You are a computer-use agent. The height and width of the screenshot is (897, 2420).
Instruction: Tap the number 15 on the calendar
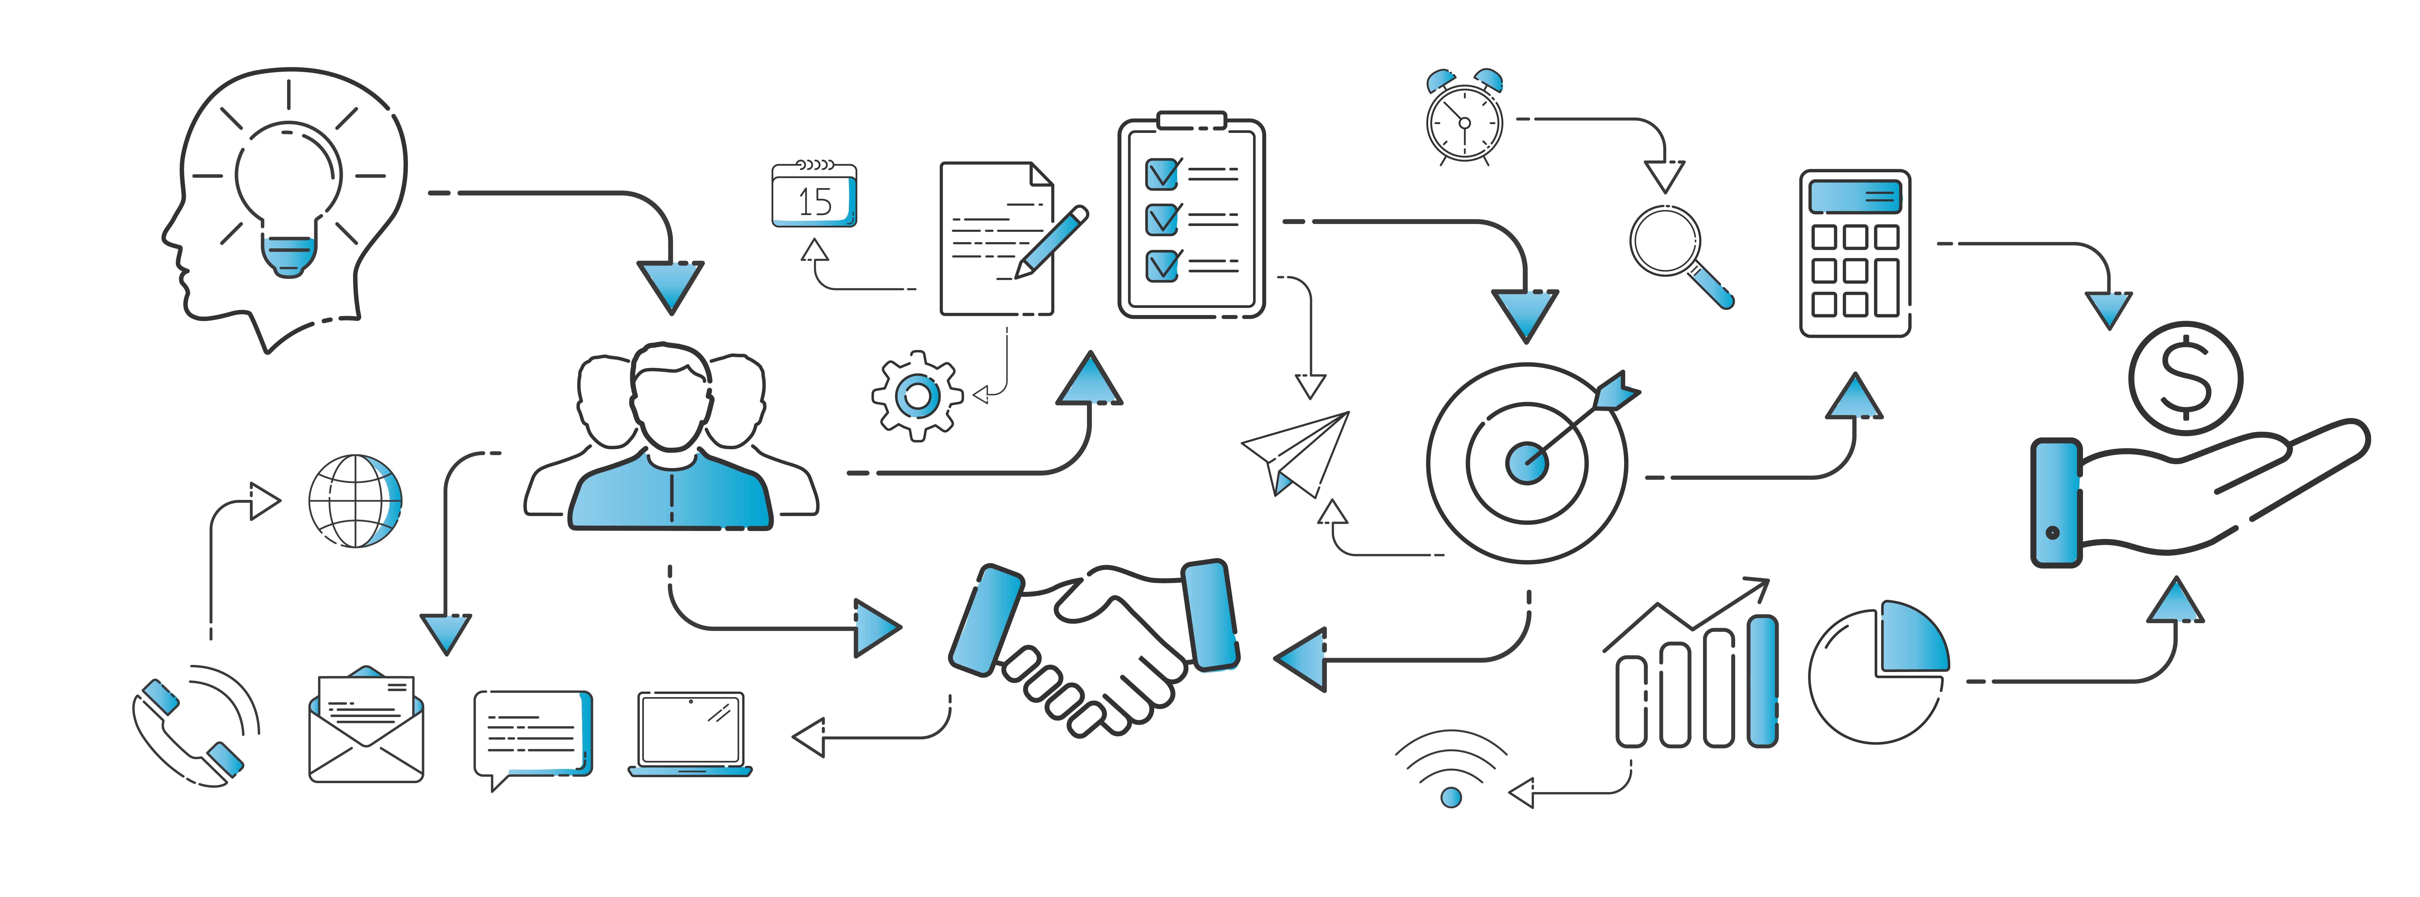tap(814, 202)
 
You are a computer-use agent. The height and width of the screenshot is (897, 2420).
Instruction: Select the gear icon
tap(917, 396)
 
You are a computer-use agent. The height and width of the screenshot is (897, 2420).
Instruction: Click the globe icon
tap(355, 501)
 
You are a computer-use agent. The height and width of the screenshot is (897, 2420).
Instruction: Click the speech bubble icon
tap(533, 734)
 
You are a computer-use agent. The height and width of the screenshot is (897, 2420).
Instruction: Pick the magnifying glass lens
tap(1665, 240)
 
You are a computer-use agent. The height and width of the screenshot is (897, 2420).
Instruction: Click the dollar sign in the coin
tap(2185, 378)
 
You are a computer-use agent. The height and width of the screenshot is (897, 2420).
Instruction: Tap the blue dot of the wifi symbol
tap(1452, 798)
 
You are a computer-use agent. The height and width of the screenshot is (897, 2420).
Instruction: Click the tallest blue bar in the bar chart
tap(1763, 681)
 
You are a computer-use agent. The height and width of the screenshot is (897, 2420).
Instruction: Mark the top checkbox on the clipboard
tap(1162, 174)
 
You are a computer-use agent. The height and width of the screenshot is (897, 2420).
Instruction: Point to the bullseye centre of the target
tap(1527, 462)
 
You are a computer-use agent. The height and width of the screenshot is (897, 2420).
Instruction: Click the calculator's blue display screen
tap(1855, 196)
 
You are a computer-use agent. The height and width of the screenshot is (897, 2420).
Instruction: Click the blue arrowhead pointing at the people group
tap(670, 286)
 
